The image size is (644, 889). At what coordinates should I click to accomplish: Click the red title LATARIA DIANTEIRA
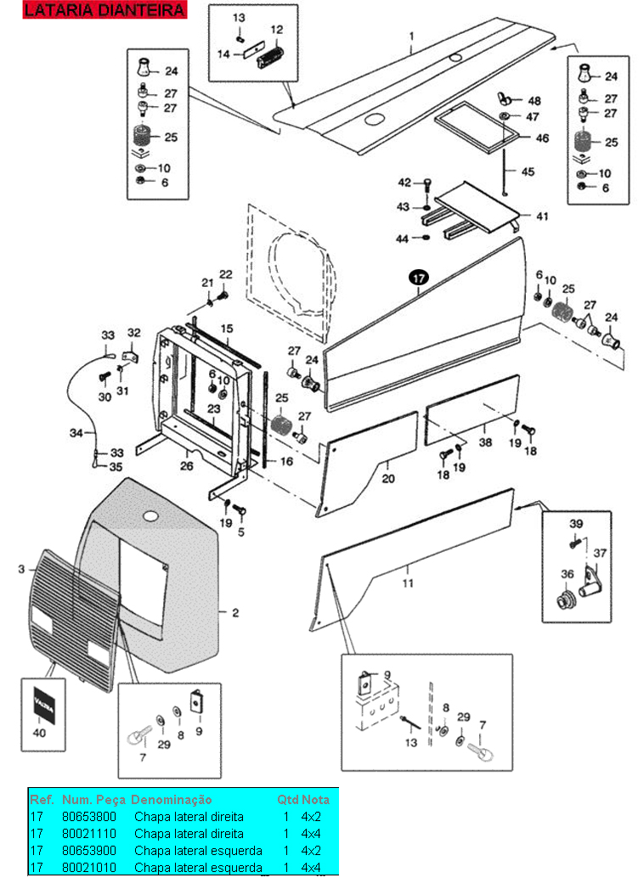[x=105, y=10]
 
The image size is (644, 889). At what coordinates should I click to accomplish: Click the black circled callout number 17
[x=419, y=278]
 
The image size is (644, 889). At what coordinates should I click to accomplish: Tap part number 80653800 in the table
[x=89, y=817]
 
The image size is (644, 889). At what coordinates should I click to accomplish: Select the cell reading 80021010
[x=89, y=868]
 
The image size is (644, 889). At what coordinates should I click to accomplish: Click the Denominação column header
[x=172, y=799]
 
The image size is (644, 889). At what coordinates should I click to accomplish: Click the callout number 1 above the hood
[x=411, y=37]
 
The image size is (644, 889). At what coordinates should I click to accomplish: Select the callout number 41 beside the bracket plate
[x=542, y=216]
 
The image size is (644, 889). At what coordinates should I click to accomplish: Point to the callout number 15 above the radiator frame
[x=226, y=329]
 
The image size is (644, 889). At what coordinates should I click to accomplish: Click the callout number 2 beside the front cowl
[x=235, y=613]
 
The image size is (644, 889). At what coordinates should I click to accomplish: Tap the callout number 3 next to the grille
[x=21, y=569]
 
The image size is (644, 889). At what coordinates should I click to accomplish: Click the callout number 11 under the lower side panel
[x=408, y=582]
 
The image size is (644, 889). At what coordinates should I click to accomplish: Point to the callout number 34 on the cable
[x=76, y=433]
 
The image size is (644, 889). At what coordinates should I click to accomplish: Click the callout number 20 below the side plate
[x=388, y=479]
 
